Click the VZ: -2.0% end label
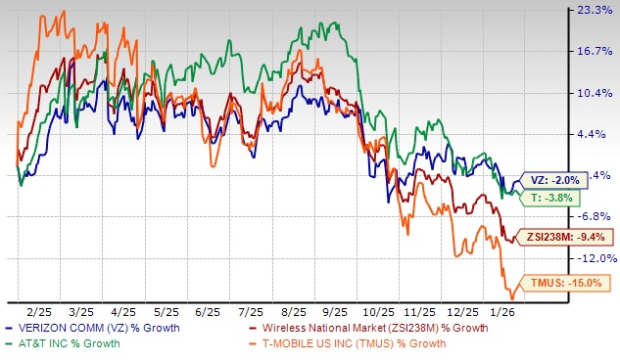coord(552,180)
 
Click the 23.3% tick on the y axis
coord(596,10)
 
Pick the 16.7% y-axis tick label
coord(596,51)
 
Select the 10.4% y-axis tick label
coord(596,93)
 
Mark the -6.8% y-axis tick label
coord(596,216)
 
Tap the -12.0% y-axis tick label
coord(596,257)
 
